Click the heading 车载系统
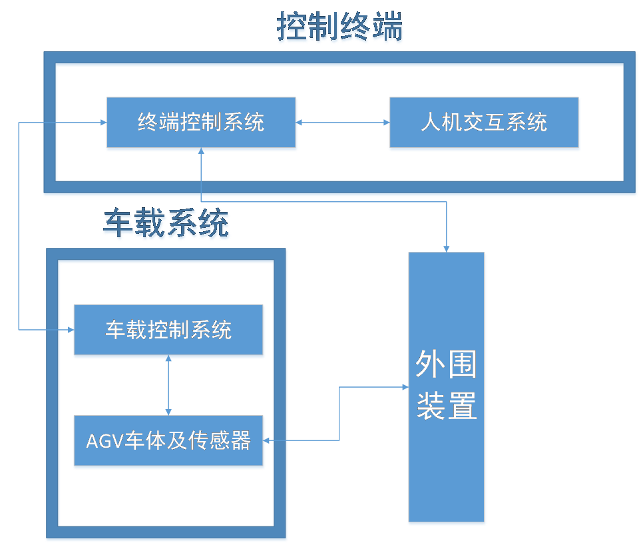(166, 225)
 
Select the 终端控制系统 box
(201, 123)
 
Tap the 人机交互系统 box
(484, 123)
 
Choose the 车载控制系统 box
(168, 330)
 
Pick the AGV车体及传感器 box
(168, 441)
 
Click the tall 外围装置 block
(447, 388)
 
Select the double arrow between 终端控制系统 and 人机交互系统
(343, 123)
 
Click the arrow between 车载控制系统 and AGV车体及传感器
(168, 386)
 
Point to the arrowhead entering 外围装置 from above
(447, 248)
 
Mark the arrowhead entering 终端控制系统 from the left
(102, 123)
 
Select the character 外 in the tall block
(431, 364)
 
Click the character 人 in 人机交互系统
(430, 123)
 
